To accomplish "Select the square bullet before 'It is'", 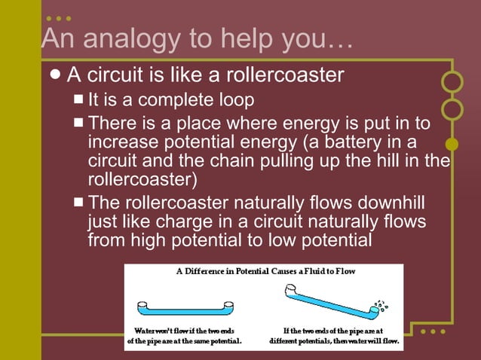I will pyautogui.click(x=79, y=99).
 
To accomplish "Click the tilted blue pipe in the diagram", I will pyautogui.click(x=332, y=298).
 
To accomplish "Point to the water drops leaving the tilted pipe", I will pyautogui.click(x=382, y=304).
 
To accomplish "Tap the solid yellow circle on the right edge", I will pyautogui.click(x=452, y=143).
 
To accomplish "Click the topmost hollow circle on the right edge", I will pyautogui.click(x=452, y=81).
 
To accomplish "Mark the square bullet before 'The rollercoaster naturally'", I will pyautogui.click(x=79, y=203).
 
